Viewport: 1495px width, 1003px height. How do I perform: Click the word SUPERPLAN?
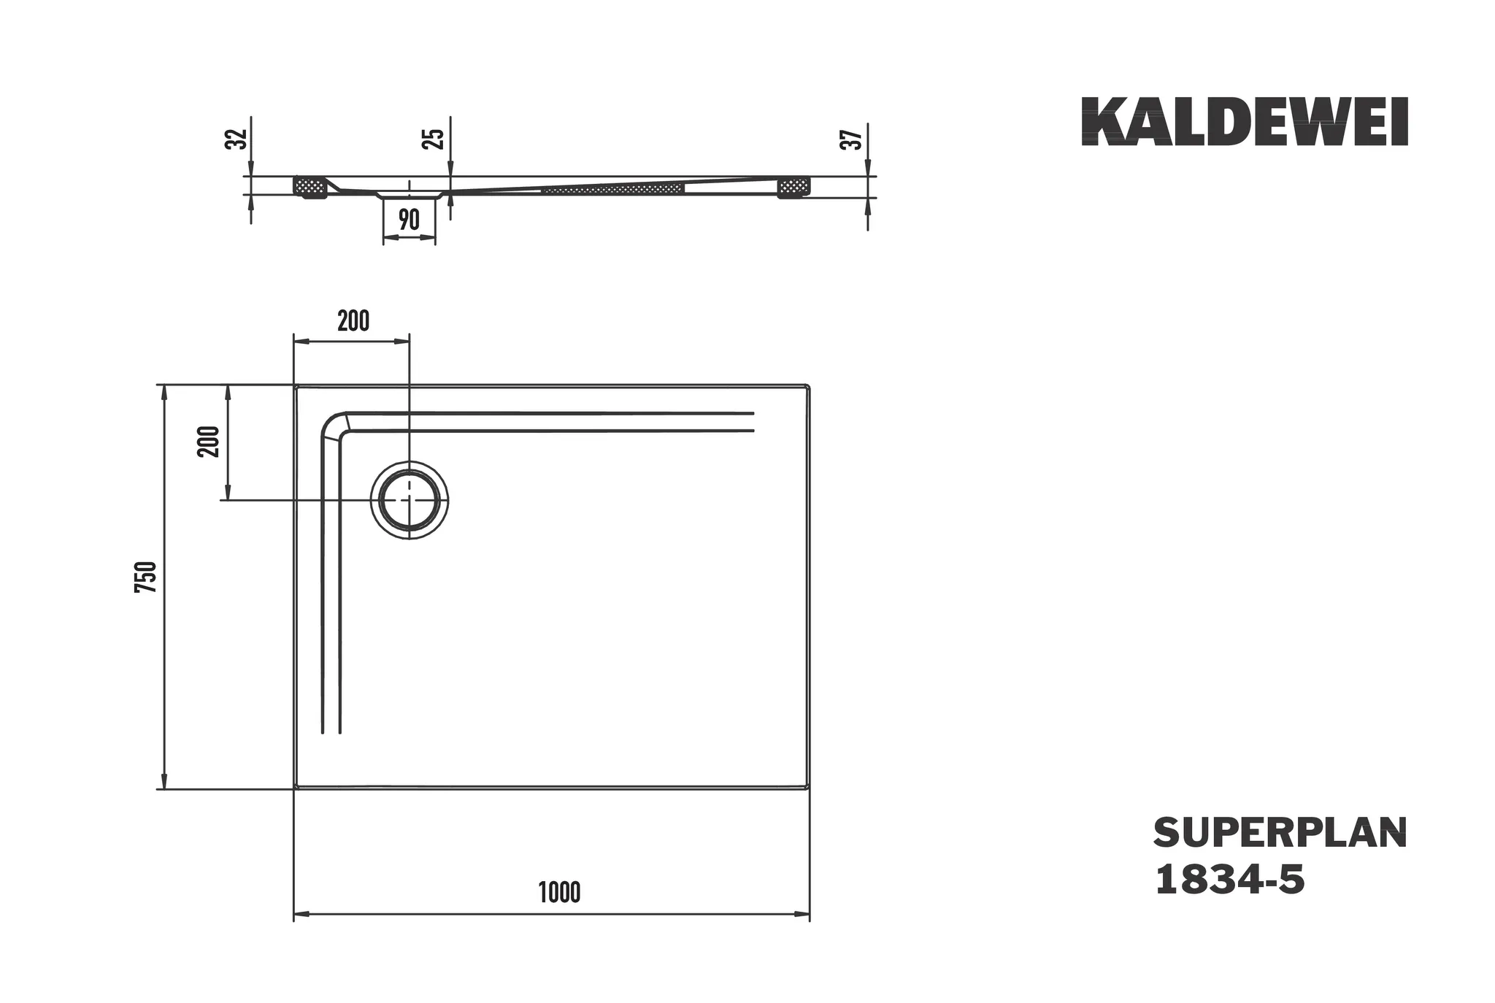1280,833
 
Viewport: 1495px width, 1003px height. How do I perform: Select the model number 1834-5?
1229,880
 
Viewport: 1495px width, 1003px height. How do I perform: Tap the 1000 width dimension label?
560,893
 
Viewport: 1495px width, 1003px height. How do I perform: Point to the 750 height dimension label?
146,577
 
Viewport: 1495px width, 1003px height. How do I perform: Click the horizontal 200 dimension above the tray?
353,321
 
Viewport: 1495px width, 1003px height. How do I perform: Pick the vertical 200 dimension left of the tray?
210,441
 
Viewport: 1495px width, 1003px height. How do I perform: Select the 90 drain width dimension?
410,219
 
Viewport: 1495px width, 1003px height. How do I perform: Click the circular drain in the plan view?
410,500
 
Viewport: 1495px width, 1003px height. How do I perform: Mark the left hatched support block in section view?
309,186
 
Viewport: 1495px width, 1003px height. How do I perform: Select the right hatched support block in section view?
793,188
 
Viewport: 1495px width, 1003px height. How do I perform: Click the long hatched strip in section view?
613,190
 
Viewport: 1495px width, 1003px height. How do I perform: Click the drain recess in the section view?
410,194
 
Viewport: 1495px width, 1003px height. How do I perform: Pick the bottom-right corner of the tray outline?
809,787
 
